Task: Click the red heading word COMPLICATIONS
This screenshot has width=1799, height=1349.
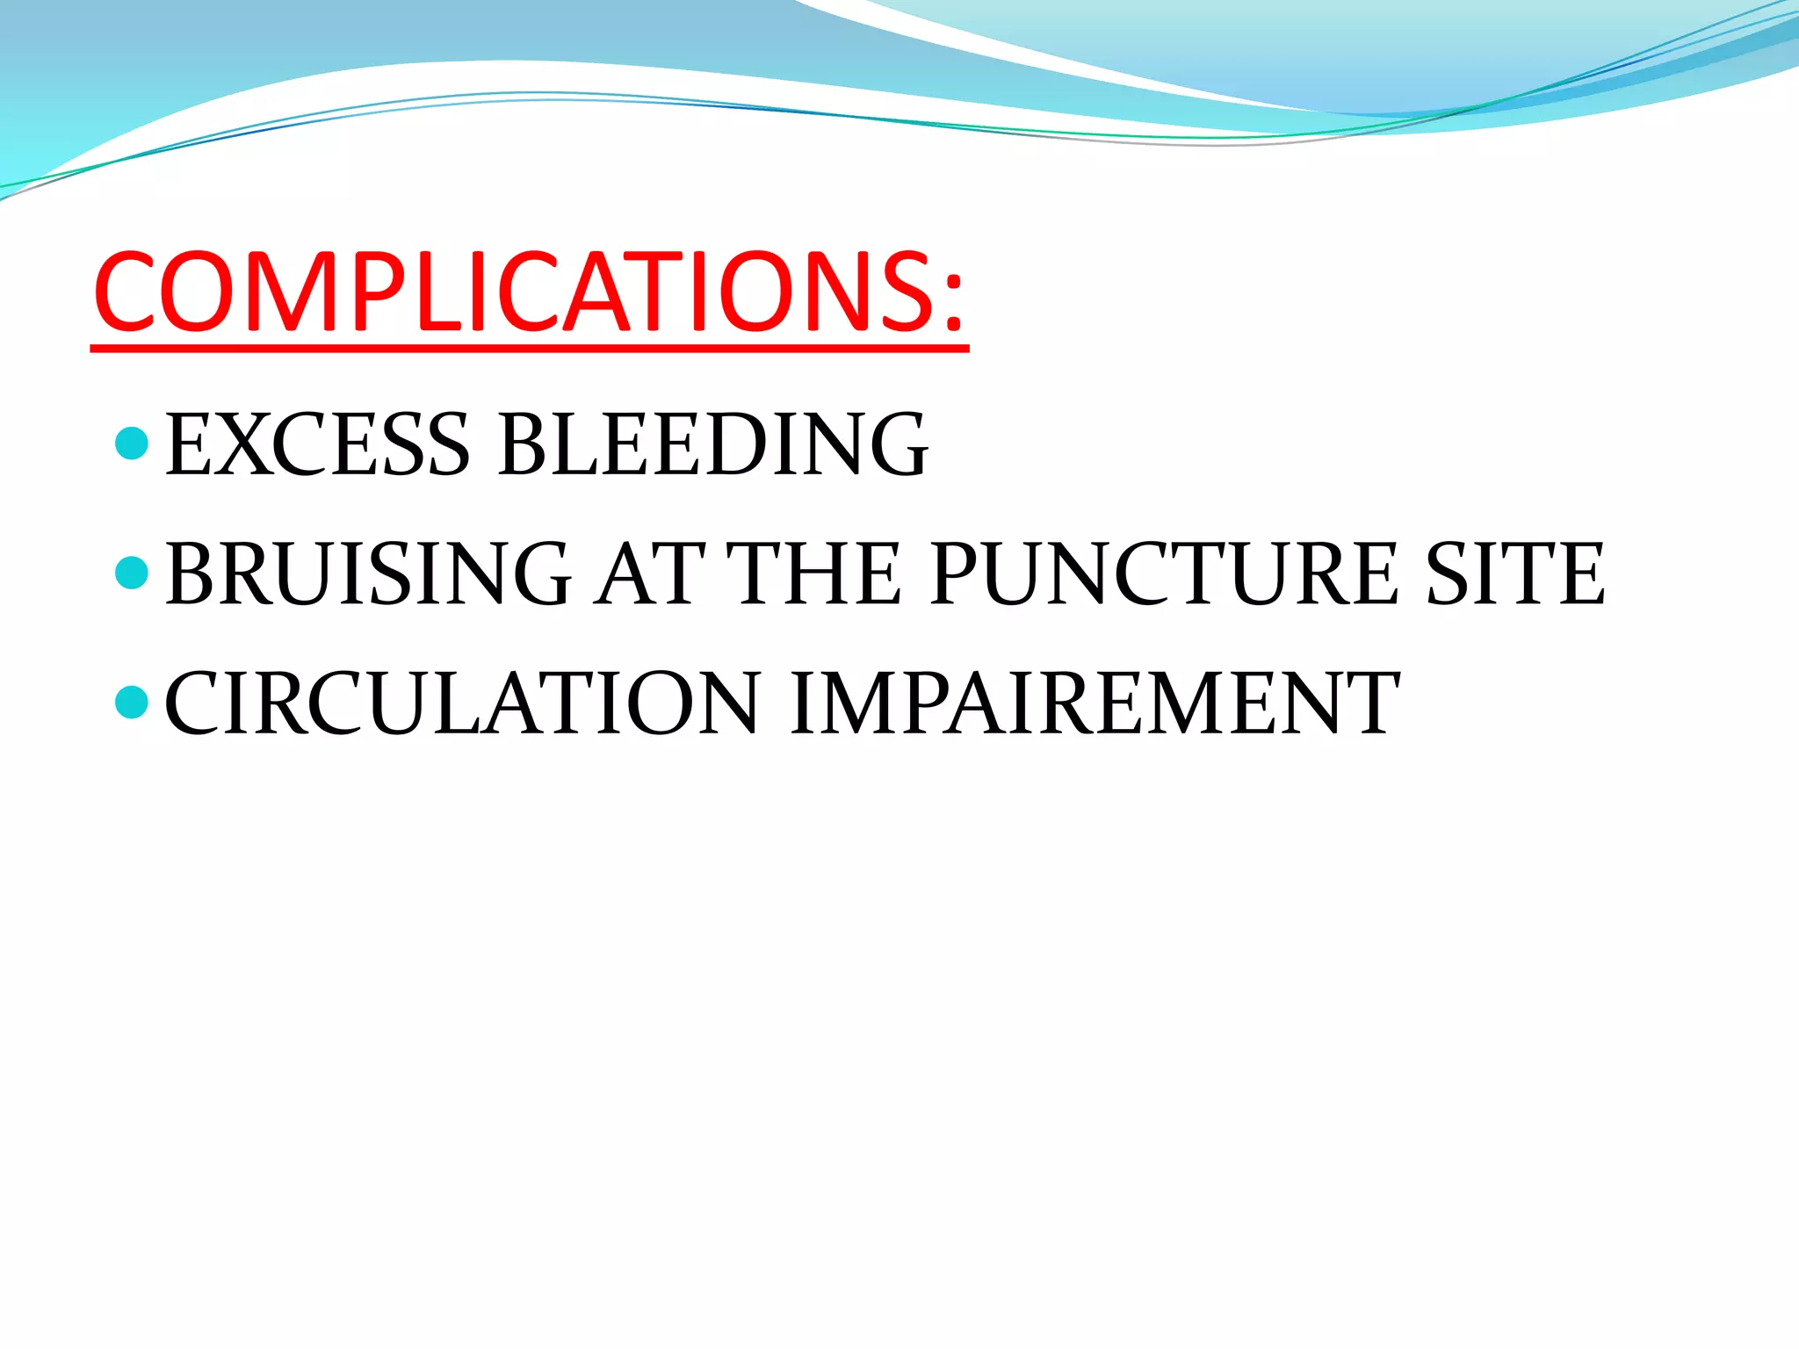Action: [518, 292]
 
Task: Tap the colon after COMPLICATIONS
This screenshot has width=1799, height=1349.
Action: [954, 299]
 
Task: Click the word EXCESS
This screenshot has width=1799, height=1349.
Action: [318, 445]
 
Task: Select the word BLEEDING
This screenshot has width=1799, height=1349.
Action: [712, 445]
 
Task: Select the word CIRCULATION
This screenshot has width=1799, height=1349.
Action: [462, 703]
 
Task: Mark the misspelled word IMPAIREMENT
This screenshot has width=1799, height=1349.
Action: [1094, 703]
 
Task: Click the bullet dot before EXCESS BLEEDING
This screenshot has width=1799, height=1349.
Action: [132, 444]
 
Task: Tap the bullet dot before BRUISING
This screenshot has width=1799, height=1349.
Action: [132, 573]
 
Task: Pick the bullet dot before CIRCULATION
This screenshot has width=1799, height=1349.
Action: [132, 702]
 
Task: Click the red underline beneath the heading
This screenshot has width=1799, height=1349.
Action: [527, 349]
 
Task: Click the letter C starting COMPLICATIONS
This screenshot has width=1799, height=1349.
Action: [132, 292]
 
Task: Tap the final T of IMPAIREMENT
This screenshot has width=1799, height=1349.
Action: [1363, 703]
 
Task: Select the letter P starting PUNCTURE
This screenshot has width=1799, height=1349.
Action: [960, 574]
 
